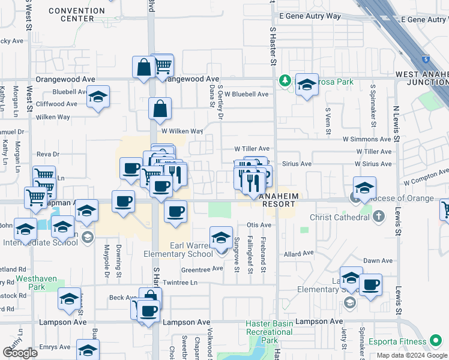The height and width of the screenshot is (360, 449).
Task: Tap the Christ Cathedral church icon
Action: point(378,215)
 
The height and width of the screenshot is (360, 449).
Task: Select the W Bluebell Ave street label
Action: point(246,94)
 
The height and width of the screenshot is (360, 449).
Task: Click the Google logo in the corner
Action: point(20,352)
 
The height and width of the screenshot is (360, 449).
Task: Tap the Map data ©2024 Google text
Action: point(412,355)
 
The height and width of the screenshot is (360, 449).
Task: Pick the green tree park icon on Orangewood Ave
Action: point(285,80)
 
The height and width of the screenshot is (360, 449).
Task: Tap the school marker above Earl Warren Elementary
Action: point(221,239)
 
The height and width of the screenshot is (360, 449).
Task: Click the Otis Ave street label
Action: point(259,225)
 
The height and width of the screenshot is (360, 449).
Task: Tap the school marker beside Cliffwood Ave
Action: point(98,97)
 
